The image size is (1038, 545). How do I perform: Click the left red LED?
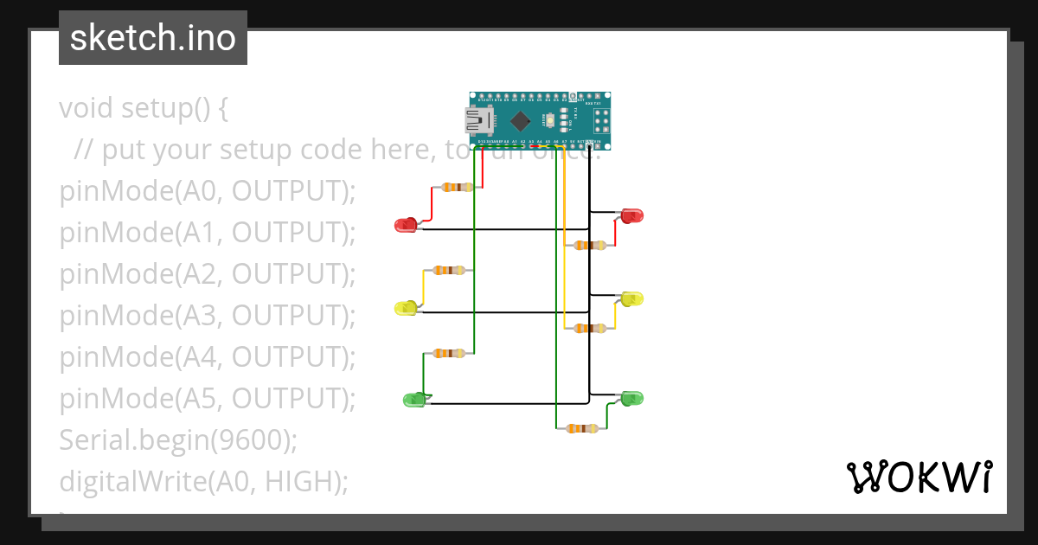coord(405,225)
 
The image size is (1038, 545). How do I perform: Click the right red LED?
coord(633,215)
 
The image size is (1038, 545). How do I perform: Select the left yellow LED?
coord(405,308)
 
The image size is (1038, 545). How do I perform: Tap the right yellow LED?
coord(633,298)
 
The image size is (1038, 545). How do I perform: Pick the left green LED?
coord(414,399)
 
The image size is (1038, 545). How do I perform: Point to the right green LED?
coord(633,398)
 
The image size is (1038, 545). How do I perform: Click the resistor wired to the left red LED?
coord(456,187)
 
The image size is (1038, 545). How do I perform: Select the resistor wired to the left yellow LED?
coord(448,270)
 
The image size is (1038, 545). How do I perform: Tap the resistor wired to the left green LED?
coord(448,353)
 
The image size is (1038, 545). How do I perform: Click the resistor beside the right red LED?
coord(590,246)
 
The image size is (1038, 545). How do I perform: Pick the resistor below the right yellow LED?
coord(590,328)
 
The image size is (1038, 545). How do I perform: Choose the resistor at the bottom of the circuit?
coord(581,428)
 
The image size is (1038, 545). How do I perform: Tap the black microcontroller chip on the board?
coord(520,120)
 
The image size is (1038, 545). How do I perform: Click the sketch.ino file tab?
coord(153,38)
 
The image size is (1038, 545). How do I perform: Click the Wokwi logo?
coord(919,477)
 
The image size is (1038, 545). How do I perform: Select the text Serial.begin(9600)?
coord(178,440)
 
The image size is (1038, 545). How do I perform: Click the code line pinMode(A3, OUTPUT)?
coord(208,316)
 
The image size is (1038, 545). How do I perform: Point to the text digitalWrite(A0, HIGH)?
coord(204,482)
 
